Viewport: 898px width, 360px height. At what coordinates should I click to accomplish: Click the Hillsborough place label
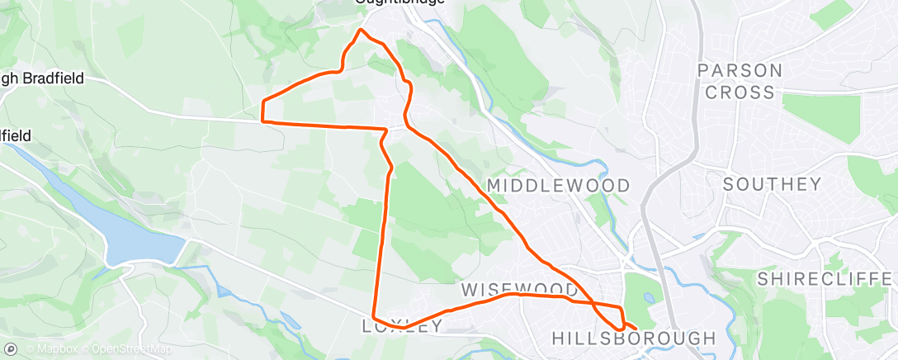tap(633, 339)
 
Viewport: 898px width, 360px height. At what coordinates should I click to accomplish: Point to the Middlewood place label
tap(559, 186)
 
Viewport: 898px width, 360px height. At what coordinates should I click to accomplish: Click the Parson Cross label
tap(737, 81)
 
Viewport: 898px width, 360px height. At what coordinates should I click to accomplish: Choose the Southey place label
tap(773, 184)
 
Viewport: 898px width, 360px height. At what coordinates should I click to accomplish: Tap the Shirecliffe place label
tap(825, 277)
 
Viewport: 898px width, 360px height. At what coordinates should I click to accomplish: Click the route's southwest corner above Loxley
tap(375, 316)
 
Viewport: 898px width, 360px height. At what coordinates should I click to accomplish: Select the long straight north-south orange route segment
tap(385, 239)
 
